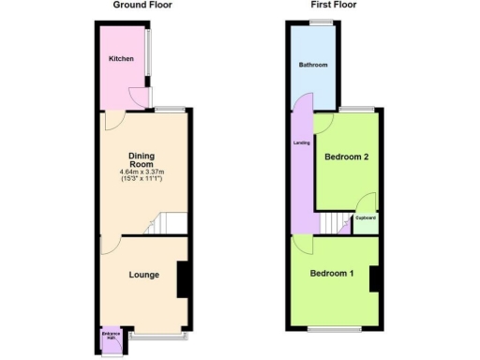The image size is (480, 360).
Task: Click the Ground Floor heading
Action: point(142,5)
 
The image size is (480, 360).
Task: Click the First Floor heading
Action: point(334,5)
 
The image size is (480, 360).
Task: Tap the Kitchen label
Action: point(121,59)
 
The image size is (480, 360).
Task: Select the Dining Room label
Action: point(142,159)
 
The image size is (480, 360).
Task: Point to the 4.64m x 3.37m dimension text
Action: point(142,172)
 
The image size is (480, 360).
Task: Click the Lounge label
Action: point(143,275)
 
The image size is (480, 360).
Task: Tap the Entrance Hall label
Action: point(112,336)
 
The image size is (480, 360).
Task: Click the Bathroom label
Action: point(313,66)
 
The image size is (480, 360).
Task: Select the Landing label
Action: point(303,143)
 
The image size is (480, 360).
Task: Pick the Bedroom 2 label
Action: point(345,157)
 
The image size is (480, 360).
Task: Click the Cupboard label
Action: point(366,217)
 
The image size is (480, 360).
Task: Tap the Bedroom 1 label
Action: point(333,274)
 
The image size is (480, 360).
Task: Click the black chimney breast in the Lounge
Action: point(184,279)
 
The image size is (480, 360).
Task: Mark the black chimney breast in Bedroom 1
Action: point(373,279)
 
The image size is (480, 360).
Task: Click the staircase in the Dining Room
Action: point(169,223)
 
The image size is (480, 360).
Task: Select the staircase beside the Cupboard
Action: point(336,223)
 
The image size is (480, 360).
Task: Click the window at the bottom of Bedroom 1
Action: point(335,329)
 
